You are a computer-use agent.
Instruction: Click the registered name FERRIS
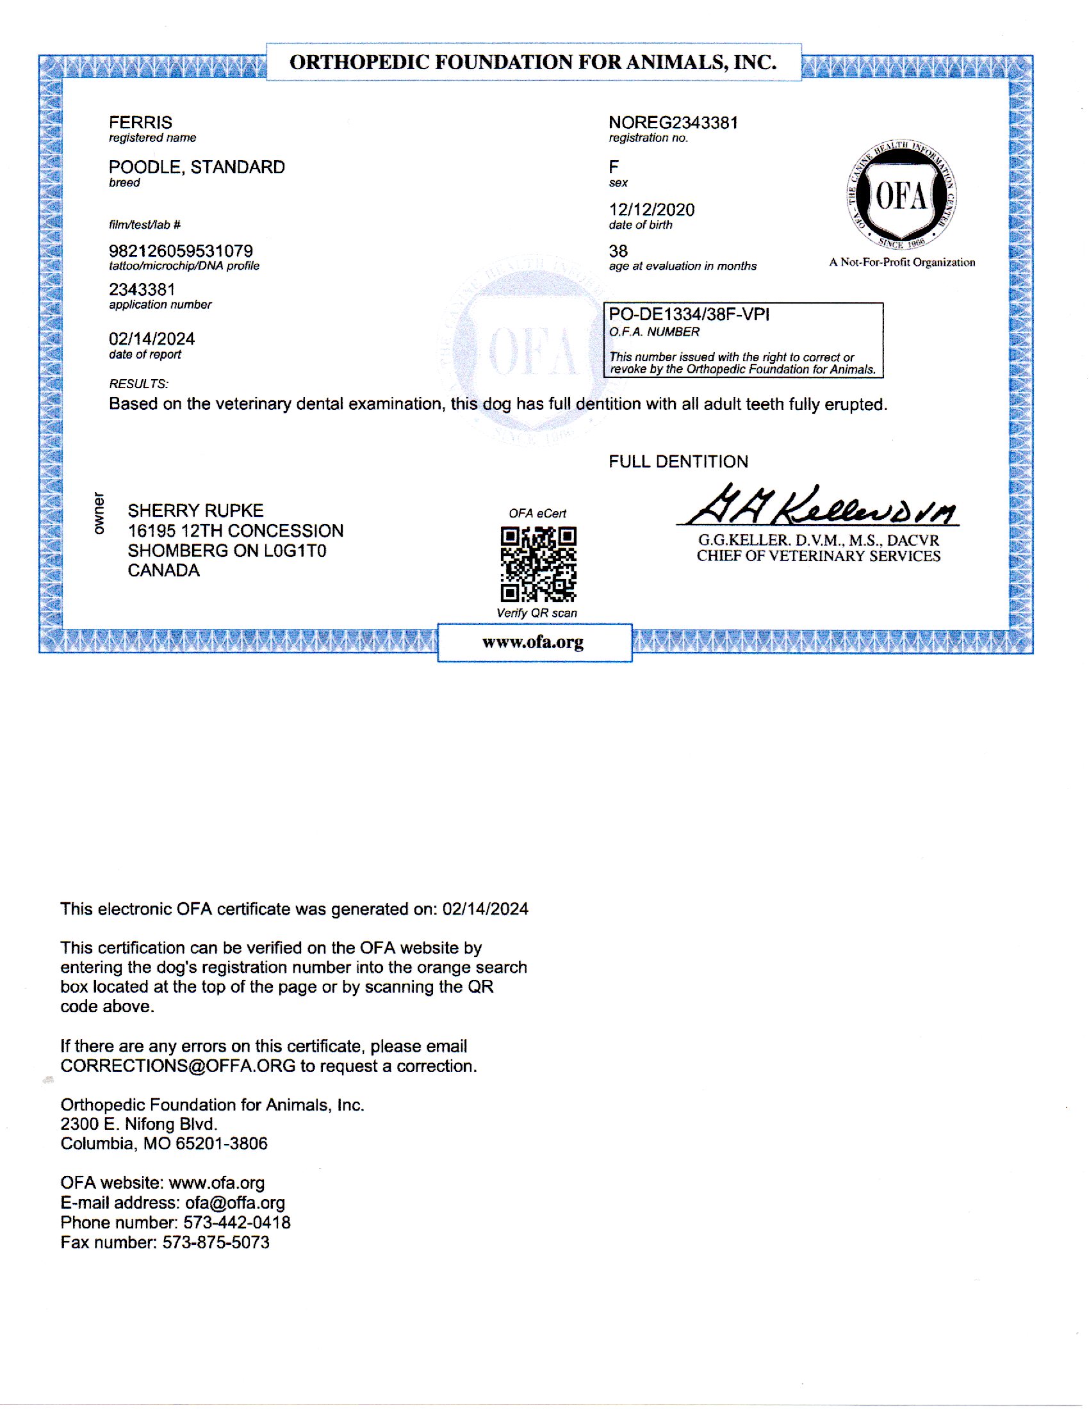pyautogui.click(x=140, y=122)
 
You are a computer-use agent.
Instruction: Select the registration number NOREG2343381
pyautogui.click(x=673, y=122)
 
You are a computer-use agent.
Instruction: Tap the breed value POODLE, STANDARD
pyautogui.click(x=197, y=167)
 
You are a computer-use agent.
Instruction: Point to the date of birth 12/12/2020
pyautogui.click(x=651, y=209)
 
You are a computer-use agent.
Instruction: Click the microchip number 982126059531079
pyautogui.click(x=181, y=251)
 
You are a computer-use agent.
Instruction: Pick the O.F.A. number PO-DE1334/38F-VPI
pyautogui.click(x=689, y=315)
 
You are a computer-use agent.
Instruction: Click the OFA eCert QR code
pyautogui.click(x=538, y=564)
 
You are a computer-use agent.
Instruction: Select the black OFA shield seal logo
pyautogui.click(x=901, y=196)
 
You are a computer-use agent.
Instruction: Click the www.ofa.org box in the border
pyautogui.click(x=534, y=642)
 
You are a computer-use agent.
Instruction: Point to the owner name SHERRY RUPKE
pyautogui.click(x=195, y=511)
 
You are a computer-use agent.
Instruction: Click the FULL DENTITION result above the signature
pyautogui.click(x=678, y=462)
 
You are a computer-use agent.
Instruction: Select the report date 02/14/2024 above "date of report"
pyautogui.click(x=152, y=339)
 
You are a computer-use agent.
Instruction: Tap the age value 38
pyautogui.click(x=618, y=251)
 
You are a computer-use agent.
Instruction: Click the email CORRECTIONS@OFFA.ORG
pyautogui.click(x=177, y=1066)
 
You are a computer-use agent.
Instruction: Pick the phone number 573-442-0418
pyautogui.click(x=237, y=1223)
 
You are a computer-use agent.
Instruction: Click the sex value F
pyautogui.click(x=614, y=167)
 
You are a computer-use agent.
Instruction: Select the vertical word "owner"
pyautogui.click(x=98, y=514)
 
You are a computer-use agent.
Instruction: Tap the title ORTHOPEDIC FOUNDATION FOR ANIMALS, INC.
pyautogui.click(x=533, y=63)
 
